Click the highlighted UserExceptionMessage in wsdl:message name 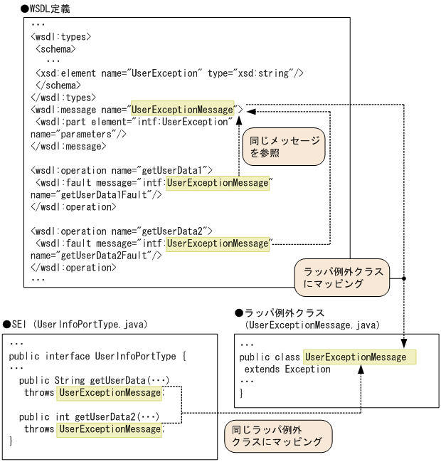pos(182,110)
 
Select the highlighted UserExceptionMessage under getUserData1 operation pos(218,182)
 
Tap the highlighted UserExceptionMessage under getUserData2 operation pos(218,243)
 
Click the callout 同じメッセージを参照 pos(284,147)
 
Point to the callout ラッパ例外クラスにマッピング pos(343,277)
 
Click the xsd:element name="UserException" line pos(170,73)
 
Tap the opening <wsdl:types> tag pos(60,36)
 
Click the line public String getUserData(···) pos(95,380)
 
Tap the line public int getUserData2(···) pos(89,416)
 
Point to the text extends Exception pos(287,369)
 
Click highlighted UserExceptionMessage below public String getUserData pos(110,392)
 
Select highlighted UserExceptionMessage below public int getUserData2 pos(110,429)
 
